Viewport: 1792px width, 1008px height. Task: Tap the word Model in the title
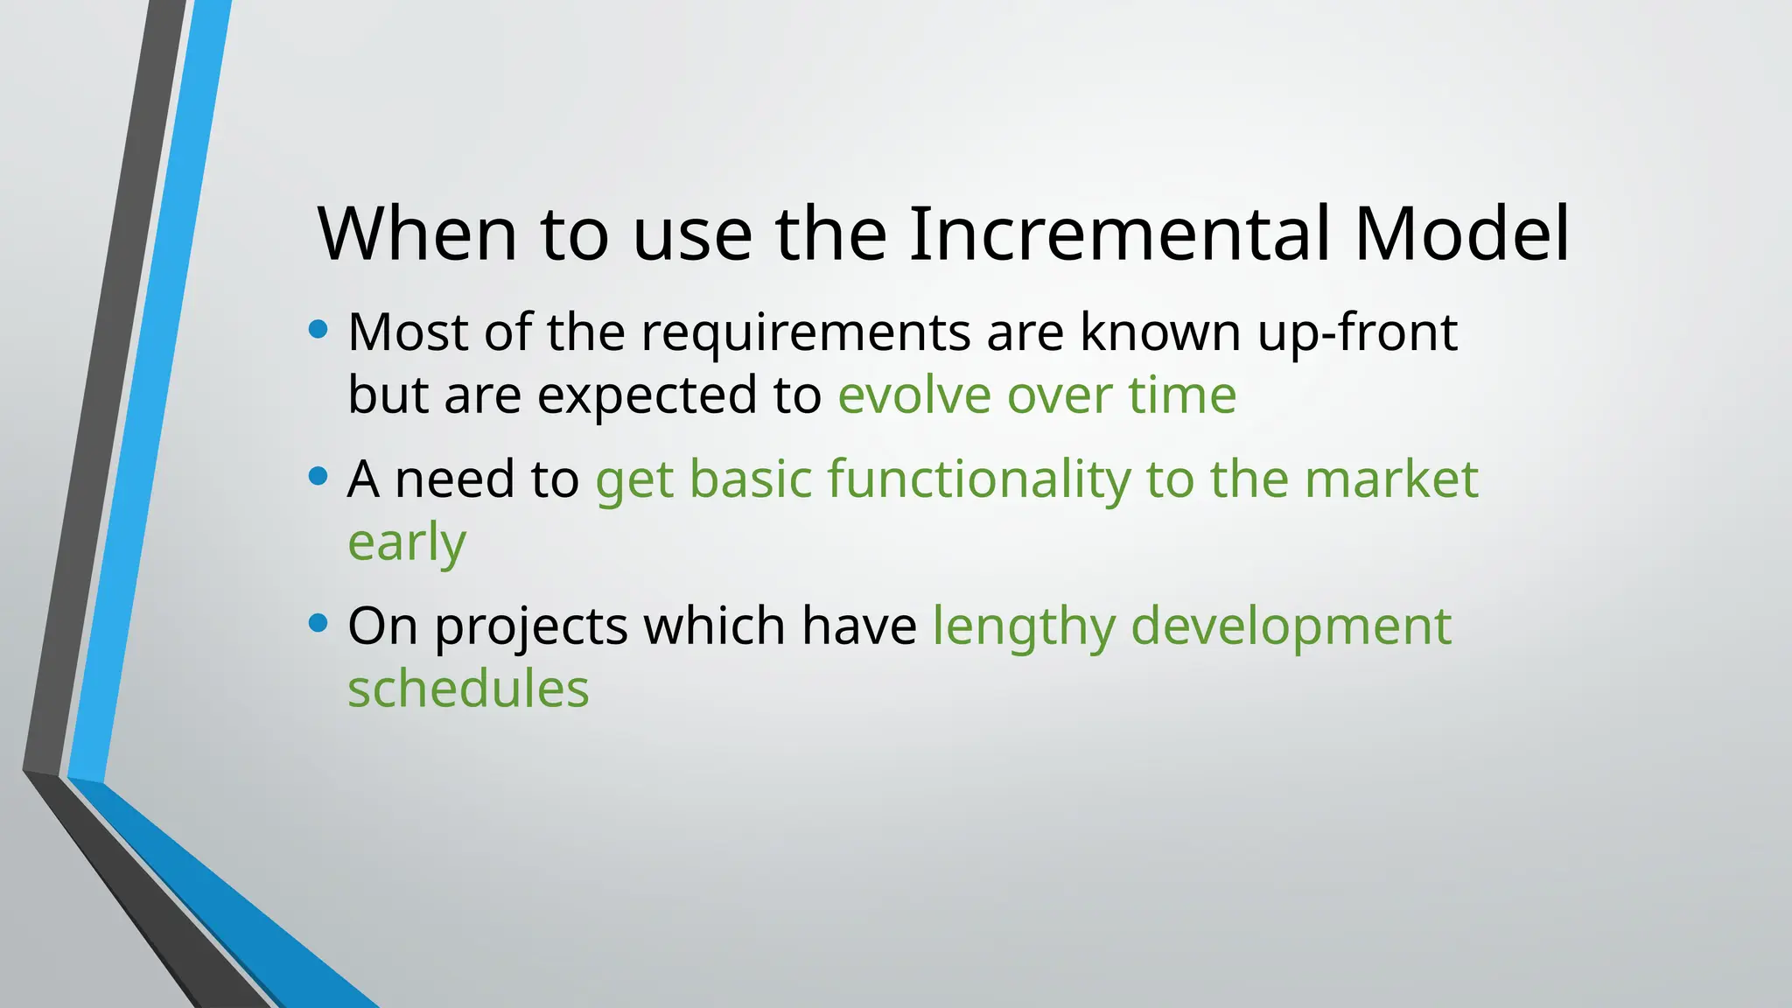pyautogui.click(x=1461, y=234)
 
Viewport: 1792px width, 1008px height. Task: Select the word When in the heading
pyautogui.click(x=417, y=234)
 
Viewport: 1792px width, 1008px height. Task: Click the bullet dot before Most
pyautogui.click(x=318, y=330)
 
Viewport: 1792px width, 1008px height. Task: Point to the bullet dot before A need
pyautogui.click(x=318, y=477)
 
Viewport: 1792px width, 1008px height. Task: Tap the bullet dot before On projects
pyautogui.click(x=318, y=624)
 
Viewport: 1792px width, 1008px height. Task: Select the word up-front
pyautogui.click(x=1357, y=333)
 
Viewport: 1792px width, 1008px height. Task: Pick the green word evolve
pyautogui.click(x=913, y=395)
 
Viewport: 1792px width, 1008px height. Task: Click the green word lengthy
pyautogui.click(x=1024, y=627)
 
